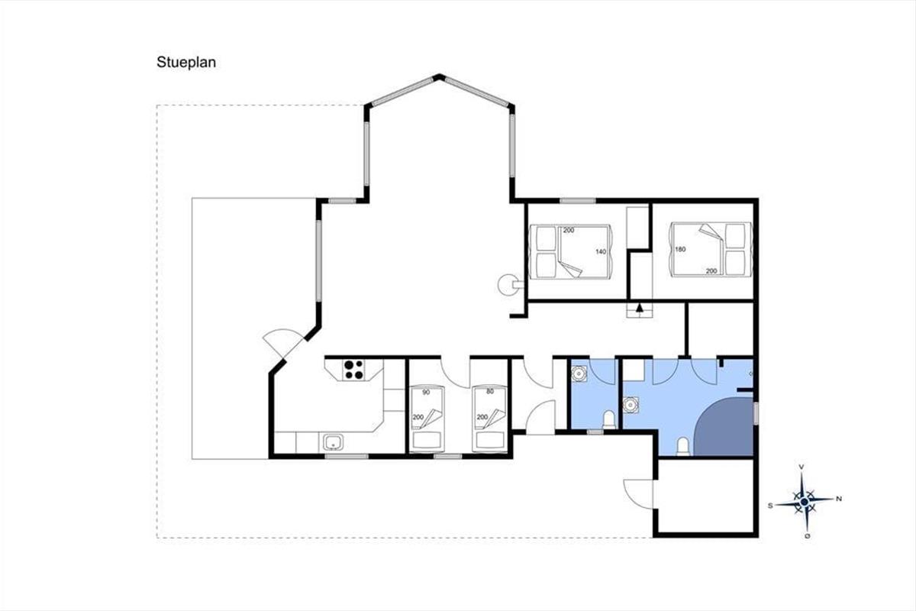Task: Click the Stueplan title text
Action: (x=186, y=62)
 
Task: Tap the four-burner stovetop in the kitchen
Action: (x=353, y=370)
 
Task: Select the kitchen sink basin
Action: (x=334, y=442)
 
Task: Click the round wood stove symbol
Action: (x=508, y=284)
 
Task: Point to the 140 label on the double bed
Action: (x=600, y=252)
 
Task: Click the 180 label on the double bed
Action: (x=680, y=249)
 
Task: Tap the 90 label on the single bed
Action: (x=426, y=392)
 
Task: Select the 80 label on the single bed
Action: (x=490, y=391)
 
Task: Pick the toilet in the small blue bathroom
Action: (x=609, y=420)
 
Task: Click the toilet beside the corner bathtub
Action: (x=683, y=447)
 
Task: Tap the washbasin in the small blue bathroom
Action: (x=579, y=373)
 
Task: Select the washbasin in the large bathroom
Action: (x=631, y=405)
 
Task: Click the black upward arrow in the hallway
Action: (x=640, y=308)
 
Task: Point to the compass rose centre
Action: (x=805, y=502)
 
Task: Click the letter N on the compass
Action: (x=839, y=499)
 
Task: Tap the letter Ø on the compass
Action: (x=807, y=535)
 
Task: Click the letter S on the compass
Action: (x=770, y=506)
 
